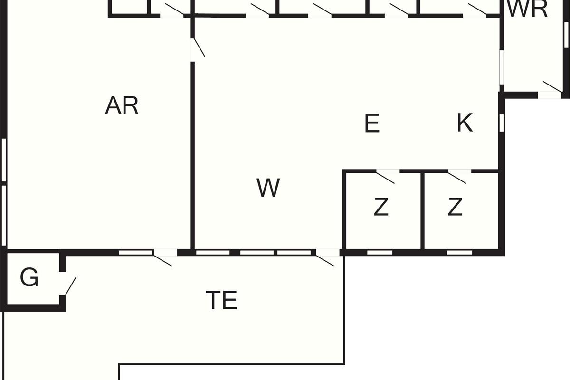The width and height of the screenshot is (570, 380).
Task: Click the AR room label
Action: (122, 105)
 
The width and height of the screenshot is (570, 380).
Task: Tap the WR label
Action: (527, 9)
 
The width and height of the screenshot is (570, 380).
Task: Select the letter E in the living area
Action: (372, 124)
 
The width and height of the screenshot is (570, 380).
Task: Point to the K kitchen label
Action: (465, 123)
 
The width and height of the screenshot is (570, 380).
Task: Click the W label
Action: (268, 188)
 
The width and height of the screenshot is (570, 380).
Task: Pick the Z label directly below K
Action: (455, 207)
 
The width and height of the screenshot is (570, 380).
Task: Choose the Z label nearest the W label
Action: (381, 207)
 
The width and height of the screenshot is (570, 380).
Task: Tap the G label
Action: (29, 278)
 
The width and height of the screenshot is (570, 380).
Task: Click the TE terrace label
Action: (221, 300)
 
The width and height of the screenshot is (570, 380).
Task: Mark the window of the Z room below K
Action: (459, 252)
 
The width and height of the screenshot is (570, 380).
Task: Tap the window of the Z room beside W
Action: (380, 252)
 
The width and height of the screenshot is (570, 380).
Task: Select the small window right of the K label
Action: (501, 122)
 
